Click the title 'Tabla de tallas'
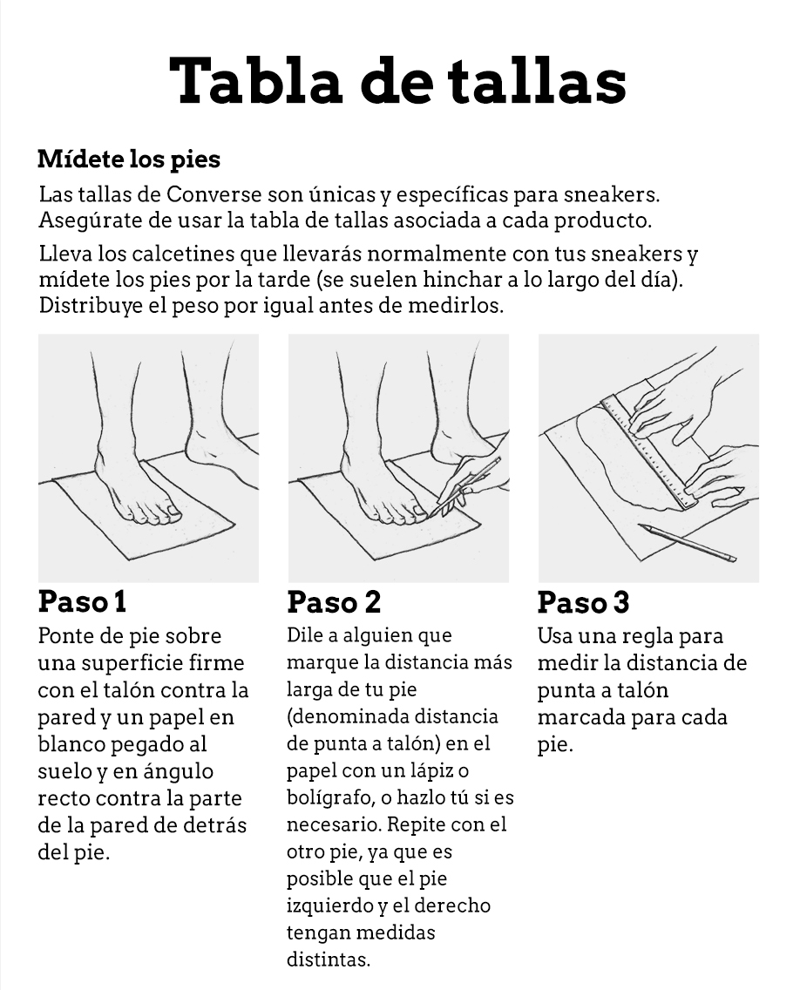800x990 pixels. [397, 81]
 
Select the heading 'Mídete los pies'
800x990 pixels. [129, 159]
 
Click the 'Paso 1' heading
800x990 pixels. [82, 601]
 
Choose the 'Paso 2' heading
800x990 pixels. [334, 601]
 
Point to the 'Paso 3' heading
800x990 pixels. [583, 601]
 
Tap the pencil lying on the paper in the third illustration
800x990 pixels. [687, 542]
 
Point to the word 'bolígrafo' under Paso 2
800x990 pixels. [329, 798]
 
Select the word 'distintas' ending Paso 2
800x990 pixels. [329, 959]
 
